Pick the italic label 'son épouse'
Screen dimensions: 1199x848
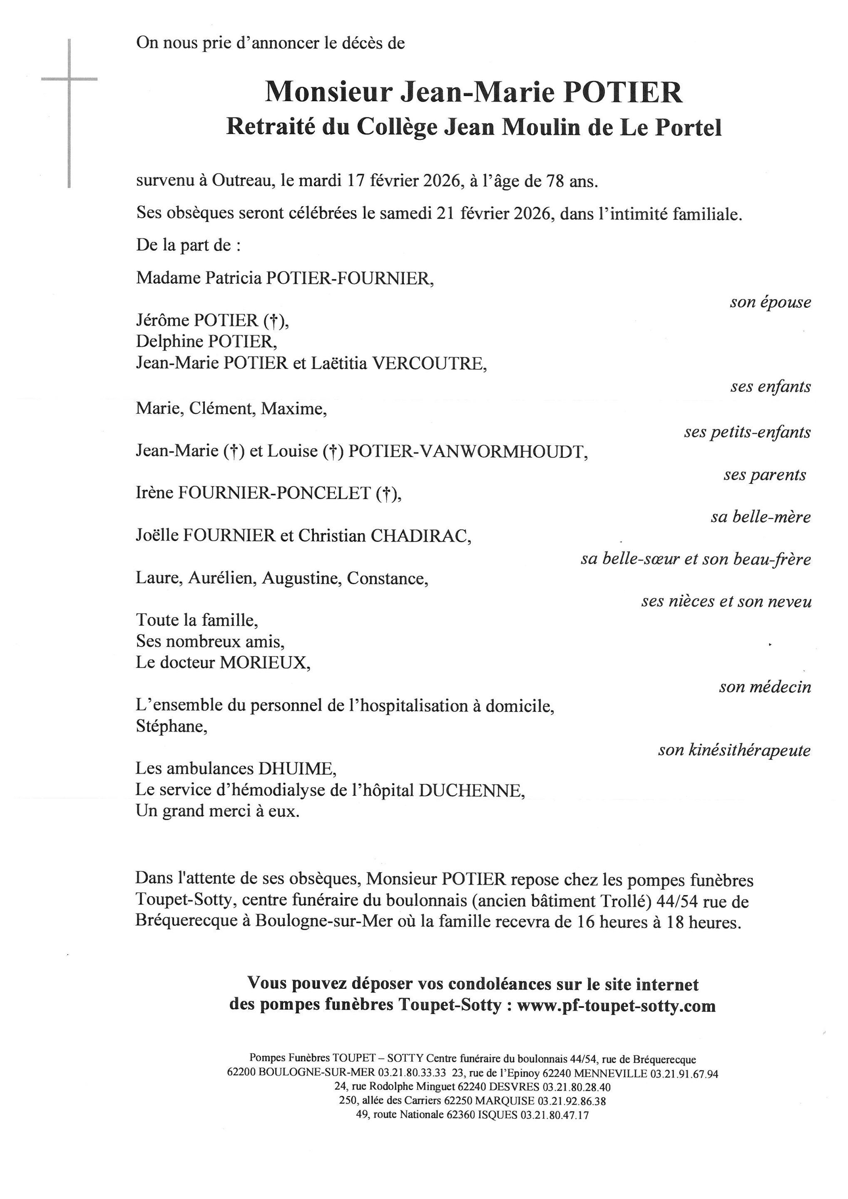770,302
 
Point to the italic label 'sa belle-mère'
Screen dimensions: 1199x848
760,517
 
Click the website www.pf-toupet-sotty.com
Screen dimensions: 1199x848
616,1005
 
